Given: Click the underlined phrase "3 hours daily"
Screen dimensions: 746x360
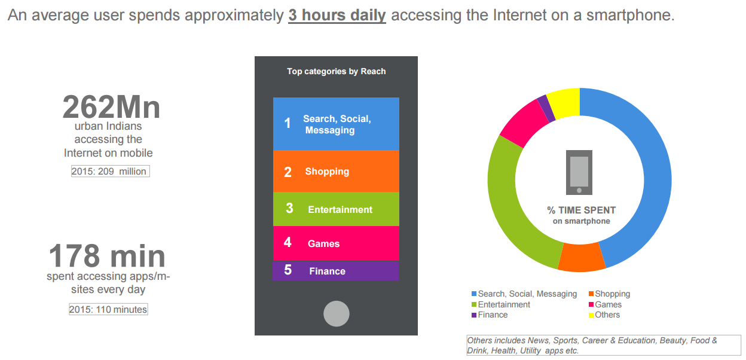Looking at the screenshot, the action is [337, 16].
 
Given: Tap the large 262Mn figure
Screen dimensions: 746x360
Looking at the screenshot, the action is [111, 107].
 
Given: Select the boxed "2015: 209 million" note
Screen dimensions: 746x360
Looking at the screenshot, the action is [110, 171].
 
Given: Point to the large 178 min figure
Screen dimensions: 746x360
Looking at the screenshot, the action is [107, 256].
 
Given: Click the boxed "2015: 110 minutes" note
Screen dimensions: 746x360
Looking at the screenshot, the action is [108, 309].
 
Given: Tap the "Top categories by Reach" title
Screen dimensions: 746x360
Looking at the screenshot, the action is [337, 71].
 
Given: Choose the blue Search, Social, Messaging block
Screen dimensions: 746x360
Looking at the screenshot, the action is [336, 124].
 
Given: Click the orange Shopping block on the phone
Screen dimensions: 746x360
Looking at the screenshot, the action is [336, 171].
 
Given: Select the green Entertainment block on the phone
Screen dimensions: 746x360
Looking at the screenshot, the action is [336, 209].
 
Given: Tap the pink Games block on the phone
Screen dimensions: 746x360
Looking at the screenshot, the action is [336, 243].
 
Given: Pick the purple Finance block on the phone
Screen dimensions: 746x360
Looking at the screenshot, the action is [336, 271].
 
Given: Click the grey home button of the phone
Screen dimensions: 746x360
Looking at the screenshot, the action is [337, 314].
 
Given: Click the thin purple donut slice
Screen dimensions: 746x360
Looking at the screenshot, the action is [546, 108].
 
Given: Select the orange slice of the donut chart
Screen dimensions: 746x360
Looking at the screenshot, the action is [582, 257].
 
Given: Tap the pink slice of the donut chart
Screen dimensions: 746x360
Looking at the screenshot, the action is [524, 123].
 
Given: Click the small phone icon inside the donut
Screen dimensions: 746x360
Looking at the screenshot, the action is [579, 172].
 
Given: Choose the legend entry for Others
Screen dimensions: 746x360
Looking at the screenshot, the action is [604, 315].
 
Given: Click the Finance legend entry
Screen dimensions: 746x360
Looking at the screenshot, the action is [490, 315].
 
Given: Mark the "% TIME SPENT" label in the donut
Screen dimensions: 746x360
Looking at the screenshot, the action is [582, 210].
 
